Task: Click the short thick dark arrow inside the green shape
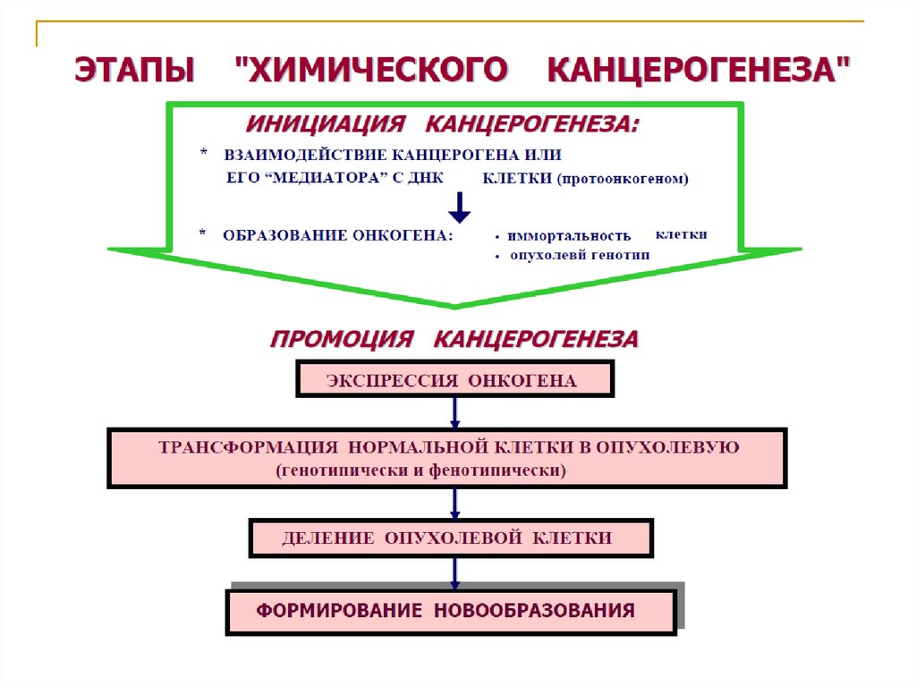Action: point(459,207)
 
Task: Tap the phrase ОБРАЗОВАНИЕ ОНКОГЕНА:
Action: point(338,235)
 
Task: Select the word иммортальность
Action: point(569,236)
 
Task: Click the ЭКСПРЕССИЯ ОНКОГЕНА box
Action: point(454,379)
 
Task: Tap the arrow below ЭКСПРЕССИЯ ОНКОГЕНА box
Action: point(454,412)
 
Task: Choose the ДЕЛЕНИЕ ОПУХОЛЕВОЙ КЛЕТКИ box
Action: point(451,538)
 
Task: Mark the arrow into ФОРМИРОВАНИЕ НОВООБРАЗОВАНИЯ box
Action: point(454,572)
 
